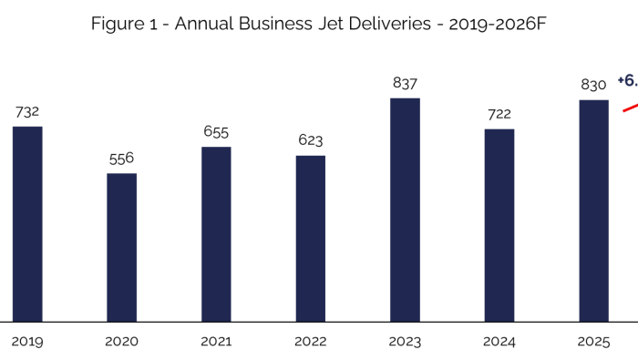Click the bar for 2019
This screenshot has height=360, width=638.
[x=27, y=223]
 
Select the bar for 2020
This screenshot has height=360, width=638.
[x=121, y=247]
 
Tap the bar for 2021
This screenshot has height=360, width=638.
[x=216, y=233]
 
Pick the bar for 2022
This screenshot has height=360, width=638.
[x=310, y=238]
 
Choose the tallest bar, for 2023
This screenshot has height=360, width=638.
[x=405, y=210]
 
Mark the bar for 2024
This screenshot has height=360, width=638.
[x=499, y=225]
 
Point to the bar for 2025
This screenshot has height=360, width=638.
[x=593, y=211]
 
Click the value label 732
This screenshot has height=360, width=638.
[x=27, y=112]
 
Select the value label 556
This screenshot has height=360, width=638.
[x=121, y=159]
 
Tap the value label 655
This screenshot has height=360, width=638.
[x=216, y=132]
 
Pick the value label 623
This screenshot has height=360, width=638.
[x=310, y=140]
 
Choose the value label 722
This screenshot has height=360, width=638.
[x=499, y=114]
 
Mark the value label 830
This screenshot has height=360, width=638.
[x=593, y=86]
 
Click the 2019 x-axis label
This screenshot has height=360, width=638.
[x=27, y=342]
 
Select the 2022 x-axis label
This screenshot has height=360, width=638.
[x=310, y=342]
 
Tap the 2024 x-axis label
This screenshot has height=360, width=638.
[x=499, y=342]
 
